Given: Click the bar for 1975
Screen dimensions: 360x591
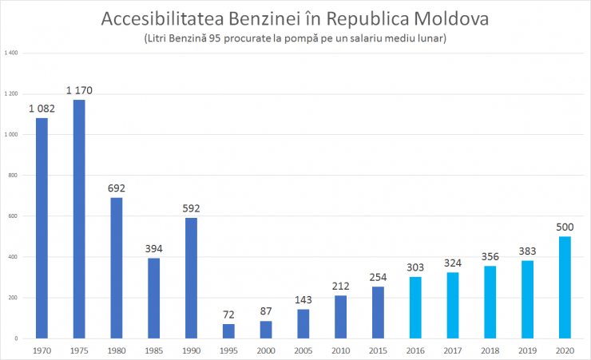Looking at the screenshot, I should coord(79,220).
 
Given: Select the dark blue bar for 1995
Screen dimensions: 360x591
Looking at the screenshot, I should coord(228,331).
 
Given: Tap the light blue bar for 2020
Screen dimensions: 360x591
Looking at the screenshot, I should coord(565,287).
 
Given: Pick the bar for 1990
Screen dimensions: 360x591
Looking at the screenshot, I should coord(191,278).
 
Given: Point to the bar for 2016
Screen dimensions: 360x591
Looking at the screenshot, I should coord(415,307).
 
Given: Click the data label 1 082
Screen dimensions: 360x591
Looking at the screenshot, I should coord(42,109).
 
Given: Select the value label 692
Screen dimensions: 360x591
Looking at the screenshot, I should coord(117,188).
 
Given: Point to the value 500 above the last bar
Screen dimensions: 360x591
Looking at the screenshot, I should coord(565,227).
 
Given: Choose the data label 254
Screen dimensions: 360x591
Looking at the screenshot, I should coord(378,277).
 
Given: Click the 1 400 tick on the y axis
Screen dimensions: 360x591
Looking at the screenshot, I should coord(12,53).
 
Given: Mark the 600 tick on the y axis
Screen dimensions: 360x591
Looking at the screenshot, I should coord(14,216).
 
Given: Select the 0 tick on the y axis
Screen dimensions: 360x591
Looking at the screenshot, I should coord(17,338).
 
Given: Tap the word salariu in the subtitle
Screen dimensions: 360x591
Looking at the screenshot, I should coord(377,38).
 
